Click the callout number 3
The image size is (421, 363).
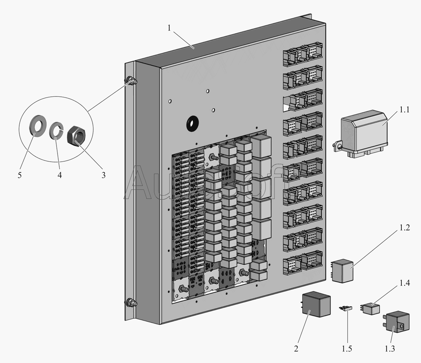click(x=103, y=175)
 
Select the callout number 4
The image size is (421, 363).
click(x=60, y=175)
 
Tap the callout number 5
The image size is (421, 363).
click(x=20, y=175)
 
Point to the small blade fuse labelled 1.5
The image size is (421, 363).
click(x=346, y=308)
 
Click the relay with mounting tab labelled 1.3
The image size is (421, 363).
click(x=395, y=321)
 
